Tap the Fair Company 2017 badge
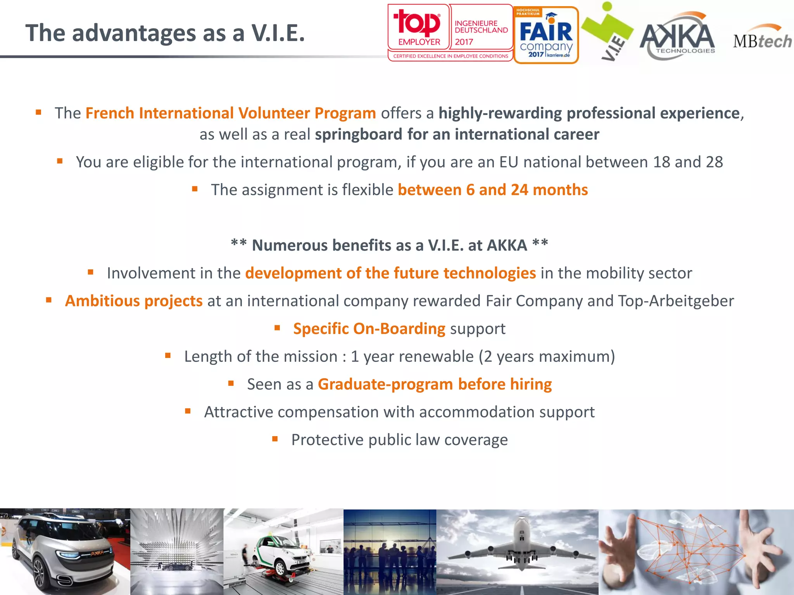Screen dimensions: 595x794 click(x=546, y=35)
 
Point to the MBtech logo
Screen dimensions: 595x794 click(x=762, y=39)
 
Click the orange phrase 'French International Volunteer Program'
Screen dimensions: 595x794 click(x=230, y=113)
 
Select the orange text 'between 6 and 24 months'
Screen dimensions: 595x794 click(x=492, y=190)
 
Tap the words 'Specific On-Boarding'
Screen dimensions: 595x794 click(x=369, y=328)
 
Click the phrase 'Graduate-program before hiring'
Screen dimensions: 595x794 click(x=435, y=384)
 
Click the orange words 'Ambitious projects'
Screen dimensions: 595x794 click(x=134, y=301)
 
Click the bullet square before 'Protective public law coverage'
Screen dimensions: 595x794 click(x=275, y=439)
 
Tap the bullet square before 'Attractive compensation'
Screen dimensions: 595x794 click(x=188, y=411)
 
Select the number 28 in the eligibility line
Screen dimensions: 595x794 click(x=714, y=162)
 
